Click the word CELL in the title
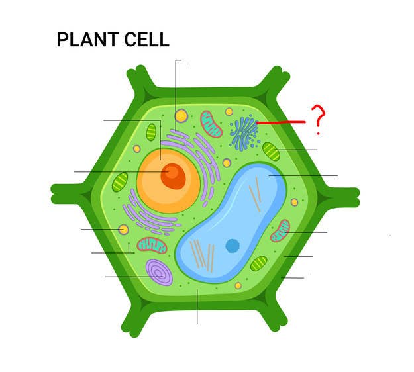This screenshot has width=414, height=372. tap(146, 40)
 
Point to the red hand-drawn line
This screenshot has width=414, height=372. tap(281, 122)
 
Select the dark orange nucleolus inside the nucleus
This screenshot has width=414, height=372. tap(173, 176)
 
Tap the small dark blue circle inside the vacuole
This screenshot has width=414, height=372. tap(233, 246)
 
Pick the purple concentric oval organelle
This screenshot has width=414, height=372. tap(159, 272)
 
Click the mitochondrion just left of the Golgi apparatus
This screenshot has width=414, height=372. tap(211, 124)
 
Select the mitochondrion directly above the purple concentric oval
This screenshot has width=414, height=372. tap(152, 246)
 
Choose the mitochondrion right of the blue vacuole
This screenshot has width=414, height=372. tap(280, 230)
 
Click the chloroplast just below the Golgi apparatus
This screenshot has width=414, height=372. tap(271, 151)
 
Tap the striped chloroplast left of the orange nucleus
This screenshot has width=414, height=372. tap(120, 182)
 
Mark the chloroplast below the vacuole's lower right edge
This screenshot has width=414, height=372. tap(259, 263)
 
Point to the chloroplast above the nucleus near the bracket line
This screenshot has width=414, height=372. tap(151, 132)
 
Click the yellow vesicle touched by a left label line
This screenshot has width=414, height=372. tap(123, 230)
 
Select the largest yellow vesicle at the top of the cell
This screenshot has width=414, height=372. tap(181, 116)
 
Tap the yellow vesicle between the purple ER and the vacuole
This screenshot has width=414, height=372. tap(227, 163)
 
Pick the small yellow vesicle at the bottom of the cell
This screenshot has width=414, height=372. tap(238, 285)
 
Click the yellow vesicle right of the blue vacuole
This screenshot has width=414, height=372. tap(294, 203)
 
